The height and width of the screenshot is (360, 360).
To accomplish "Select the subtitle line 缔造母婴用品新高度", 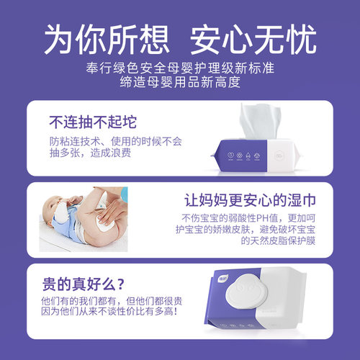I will pyautogui.click(x=180, y=83).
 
